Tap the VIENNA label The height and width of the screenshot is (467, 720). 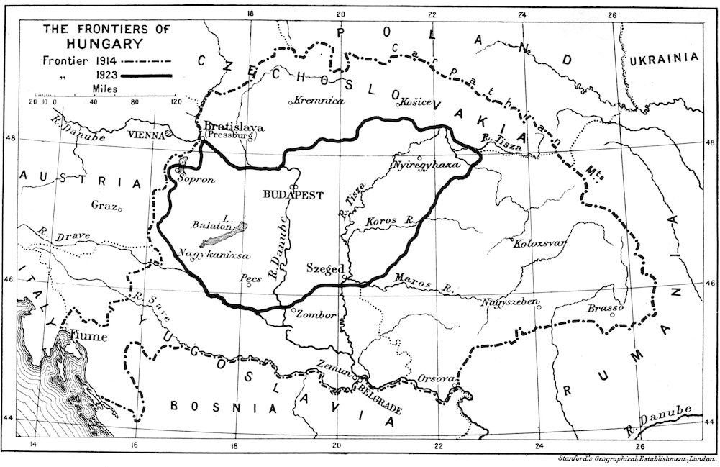pyautogui.click(x=146, y=134)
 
